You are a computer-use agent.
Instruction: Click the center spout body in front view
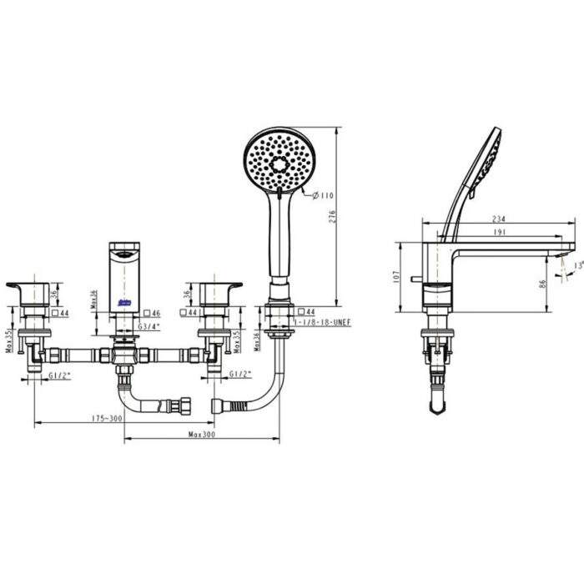124,271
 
